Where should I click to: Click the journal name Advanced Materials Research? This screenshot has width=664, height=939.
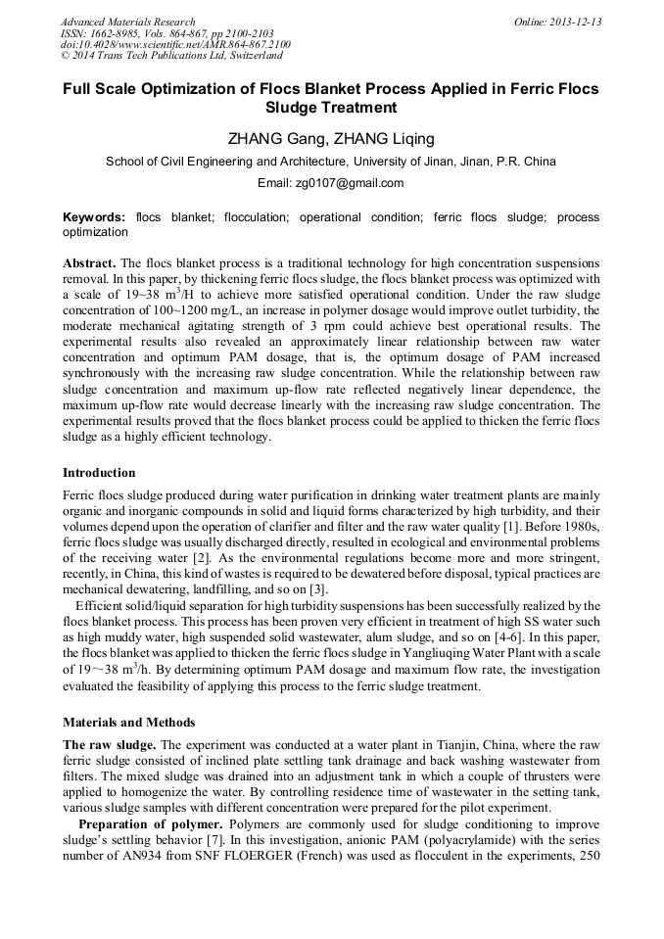pos(128,22)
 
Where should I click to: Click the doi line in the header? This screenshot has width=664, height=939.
pos(175,45)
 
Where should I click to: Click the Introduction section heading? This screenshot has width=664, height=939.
pos(99,473)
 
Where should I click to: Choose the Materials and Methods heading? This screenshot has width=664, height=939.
pos(129,723)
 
